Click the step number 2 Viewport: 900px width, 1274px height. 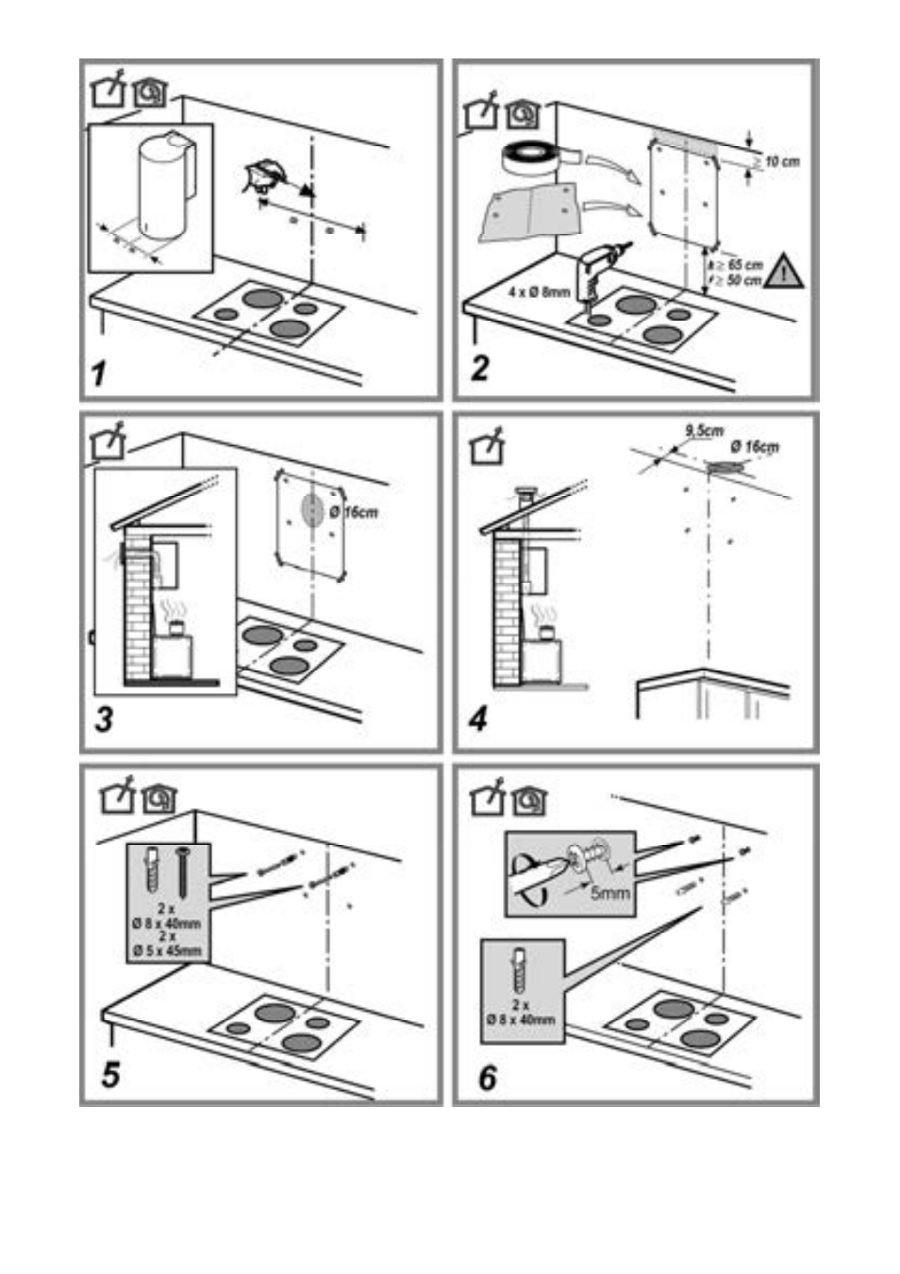pos(480,366)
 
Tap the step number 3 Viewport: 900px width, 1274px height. pos(104,720)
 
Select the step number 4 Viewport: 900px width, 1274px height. pos(479,720)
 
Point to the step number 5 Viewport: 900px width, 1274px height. pos(110,1073)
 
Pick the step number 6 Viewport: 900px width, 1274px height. pos(487,1077)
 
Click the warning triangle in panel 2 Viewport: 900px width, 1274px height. pos(785,273)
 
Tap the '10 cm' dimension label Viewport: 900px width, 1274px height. pos(780,161)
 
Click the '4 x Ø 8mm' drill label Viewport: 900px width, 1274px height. pos(540,291)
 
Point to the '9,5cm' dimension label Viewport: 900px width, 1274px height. pos(703,431)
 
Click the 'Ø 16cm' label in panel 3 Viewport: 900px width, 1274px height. pos(355,512)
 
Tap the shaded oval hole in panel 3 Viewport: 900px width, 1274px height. pos(312,509)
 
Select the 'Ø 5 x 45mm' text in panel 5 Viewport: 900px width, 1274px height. pos(168,950)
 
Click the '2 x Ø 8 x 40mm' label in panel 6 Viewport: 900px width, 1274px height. pos(521,1012)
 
